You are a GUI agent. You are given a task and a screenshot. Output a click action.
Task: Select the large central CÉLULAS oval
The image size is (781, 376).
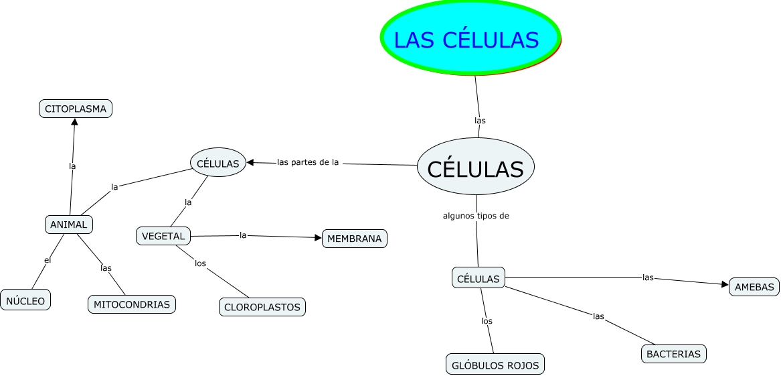pyautogui.click(x=475, y=168)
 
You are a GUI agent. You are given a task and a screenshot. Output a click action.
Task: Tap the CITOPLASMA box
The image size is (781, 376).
pyautogui.click(x=76, y=109)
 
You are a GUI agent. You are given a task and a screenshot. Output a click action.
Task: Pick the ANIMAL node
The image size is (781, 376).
pyautogui.click(x=68, y=225)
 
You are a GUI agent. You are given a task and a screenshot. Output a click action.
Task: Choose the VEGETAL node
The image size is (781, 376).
pyautogui.click(x=163, y=236)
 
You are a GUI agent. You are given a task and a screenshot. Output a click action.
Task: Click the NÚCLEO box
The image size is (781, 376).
pyautogui.click(x=26, y=301)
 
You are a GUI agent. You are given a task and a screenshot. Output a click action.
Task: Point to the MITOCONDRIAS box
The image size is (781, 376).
pyautogui.click(x=132, y=304)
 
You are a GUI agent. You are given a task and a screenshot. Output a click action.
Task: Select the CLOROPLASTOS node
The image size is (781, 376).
pyautogui.click(x=262, y=307)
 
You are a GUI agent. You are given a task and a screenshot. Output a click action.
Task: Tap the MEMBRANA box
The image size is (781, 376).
pyautogui.click(x=355, y=239)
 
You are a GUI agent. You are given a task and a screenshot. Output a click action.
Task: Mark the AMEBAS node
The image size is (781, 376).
pyautogui.click(x=754, y=287)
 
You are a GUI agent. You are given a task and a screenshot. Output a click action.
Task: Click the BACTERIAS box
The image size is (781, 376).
pyautogui.click(x=674, y=353)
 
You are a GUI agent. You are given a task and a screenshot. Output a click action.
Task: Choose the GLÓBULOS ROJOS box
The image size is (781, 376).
pyautogui.click(x=495, y=365)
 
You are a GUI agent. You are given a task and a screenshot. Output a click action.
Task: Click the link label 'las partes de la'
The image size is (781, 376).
pyautogui.click(x=308, y=162)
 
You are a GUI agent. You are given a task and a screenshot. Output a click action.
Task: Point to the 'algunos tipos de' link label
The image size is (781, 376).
pyautogui.click(x=476, y=216)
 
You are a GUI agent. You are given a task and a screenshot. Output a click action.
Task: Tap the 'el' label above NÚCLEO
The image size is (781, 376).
pyautogui.click(x=48, y=259)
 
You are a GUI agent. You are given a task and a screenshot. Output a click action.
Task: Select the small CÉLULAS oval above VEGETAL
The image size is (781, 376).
pyautogui.click(x=218, y=164)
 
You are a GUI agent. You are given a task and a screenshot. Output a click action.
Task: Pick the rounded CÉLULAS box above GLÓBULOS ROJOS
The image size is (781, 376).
pyautogui.click(x=478, y=279)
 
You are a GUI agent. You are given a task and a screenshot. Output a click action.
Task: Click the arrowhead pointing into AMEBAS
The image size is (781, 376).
pyautogui.click(x=725, y=284)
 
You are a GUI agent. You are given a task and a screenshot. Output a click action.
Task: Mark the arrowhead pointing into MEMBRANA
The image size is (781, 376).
pyautogui.click(x=318, y=237)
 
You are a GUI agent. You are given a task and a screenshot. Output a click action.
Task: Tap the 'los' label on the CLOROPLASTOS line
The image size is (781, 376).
pyautogui.click(x=200, y=263)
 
